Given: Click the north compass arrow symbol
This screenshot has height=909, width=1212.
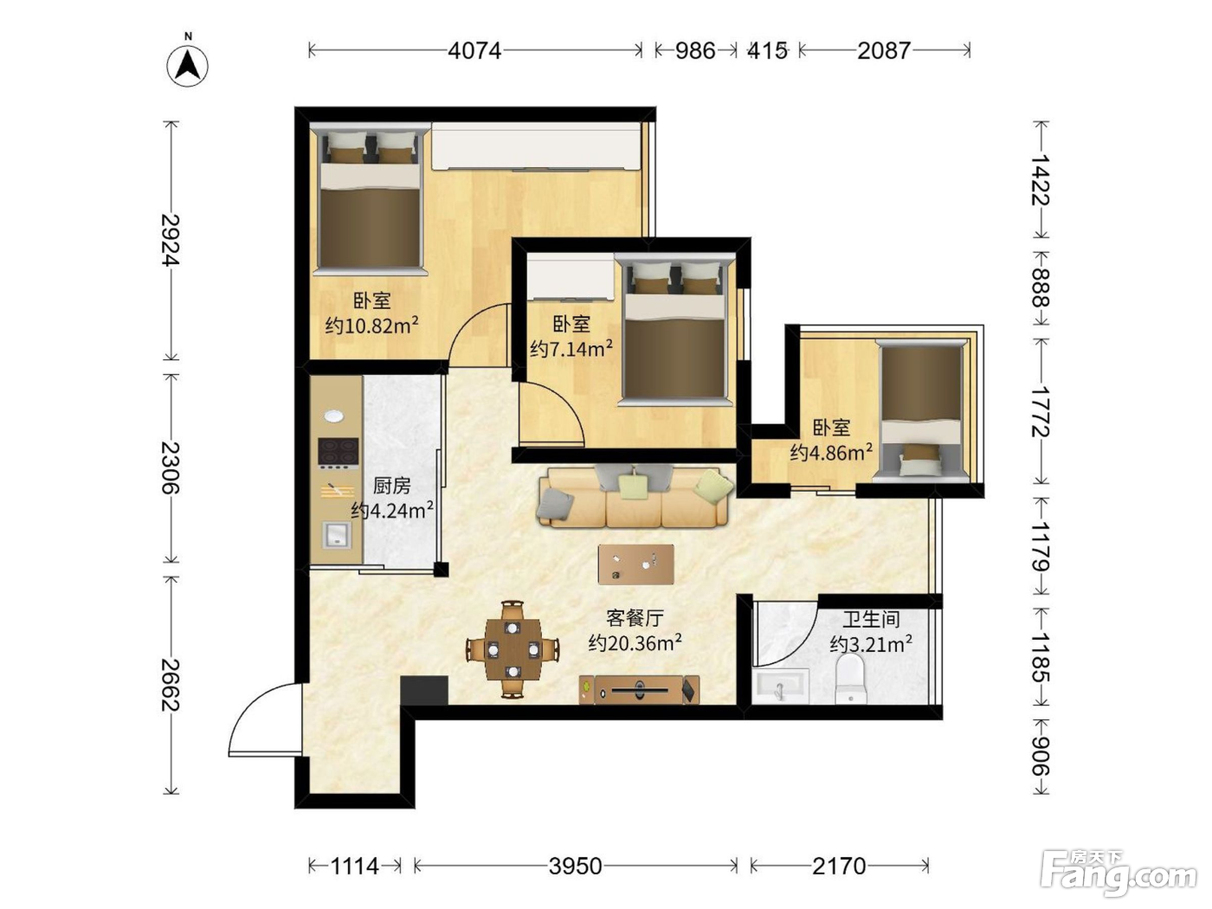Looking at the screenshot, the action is click(x=188, y=66).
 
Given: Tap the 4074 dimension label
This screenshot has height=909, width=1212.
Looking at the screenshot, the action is click(x=474, y=51).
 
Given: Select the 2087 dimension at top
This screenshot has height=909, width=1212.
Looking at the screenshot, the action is click(x=884, y=51).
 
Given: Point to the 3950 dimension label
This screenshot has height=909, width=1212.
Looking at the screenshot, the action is click(x=575, y=866).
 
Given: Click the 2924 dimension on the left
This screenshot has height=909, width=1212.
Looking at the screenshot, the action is click(x=171, y=240).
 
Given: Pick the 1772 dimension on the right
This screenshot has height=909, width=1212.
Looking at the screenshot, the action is click(x=1041, y=412).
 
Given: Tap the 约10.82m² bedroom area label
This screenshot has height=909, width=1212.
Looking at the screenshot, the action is click(x=371, y=326).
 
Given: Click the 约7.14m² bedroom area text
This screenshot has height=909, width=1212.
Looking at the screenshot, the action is click(x=571, y=349).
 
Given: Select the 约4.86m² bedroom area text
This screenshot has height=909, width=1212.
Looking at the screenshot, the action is click(x=832, y=453).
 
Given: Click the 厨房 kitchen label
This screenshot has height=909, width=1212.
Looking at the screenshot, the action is click(x=392, y=486).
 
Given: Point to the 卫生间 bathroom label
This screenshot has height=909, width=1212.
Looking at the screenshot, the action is click(x=871, y=619).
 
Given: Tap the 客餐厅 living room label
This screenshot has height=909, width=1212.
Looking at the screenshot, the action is click(x=635, y=618).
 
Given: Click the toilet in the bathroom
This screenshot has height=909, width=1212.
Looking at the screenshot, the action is click(x=850, y=680).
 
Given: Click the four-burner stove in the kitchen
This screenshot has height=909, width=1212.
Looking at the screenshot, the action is click(x=338, y=454).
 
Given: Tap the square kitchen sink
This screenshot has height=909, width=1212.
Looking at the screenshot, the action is click(x=337, y=535).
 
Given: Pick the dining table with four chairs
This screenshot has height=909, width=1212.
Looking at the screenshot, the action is click(x=513, y=650).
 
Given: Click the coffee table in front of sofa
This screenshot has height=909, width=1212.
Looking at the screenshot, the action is click(x=636, y=564).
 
